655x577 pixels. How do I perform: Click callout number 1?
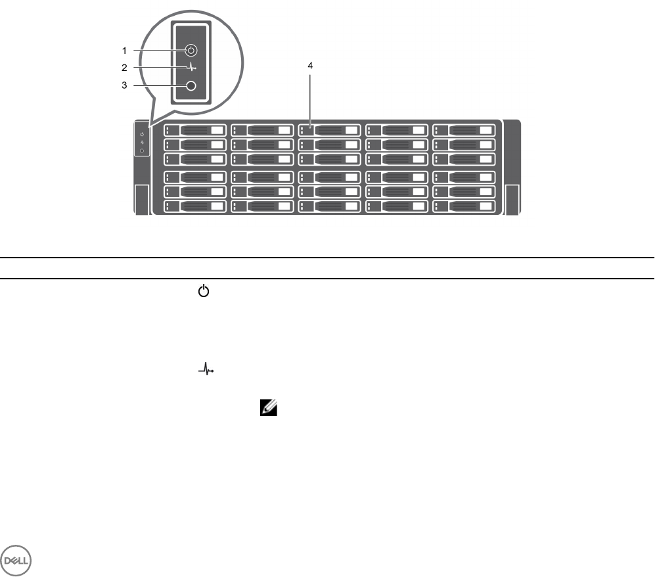tap(124, 49)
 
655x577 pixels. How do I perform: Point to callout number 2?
tap(124, 67)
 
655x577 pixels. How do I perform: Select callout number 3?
tap(124, 85)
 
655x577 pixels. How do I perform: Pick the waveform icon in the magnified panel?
tap(191, 67)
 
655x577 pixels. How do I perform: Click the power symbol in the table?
tap(203, 290)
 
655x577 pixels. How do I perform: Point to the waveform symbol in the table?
tap(206, 371)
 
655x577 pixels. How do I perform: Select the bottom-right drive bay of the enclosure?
tap(464, 206)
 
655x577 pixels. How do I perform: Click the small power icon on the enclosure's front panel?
tap(143, 135)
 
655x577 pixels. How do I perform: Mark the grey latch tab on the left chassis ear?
tap(141, 199)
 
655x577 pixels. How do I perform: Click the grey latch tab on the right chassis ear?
tap(512, 199)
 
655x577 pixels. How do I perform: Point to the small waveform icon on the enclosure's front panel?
tap(143, 143)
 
